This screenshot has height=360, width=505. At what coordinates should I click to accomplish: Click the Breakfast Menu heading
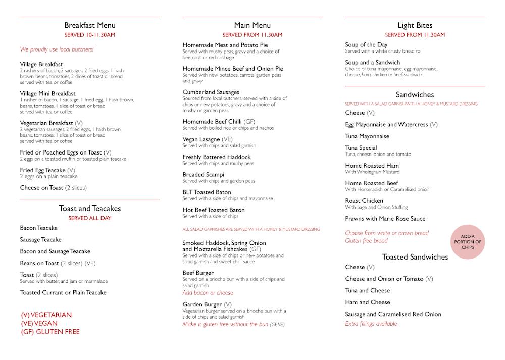tap(90, 25)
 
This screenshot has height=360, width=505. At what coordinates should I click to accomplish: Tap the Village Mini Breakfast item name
tap(48, 94)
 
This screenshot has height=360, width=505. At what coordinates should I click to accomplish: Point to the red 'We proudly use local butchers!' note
tap(57, 49)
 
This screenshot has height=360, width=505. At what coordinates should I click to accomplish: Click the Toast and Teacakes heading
tap(90, 209)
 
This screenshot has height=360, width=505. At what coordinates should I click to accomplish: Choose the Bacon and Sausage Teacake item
tap(55, 251)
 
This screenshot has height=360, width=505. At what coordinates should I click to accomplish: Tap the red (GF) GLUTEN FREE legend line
tap(50, 332)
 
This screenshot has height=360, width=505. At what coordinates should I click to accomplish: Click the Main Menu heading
tap(252, 25)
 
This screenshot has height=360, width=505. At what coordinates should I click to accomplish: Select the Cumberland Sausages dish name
tap(211, 92)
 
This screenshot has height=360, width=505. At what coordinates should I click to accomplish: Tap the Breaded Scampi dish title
tap(204, 175)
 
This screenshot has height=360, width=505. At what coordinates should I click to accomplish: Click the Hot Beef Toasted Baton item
tap(214, 210)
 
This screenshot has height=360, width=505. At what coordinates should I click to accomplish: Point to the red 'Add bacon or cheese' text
tap(208, 293)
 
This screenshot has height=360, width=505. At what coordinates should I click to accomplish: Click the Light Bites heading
tap(415, 25)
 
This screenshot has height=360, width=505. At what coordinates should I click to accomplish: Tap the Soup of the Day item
tap(367, 45)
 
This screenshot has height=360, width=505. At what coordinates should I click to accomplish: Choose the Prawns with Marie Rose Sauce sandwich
tap(385, 219)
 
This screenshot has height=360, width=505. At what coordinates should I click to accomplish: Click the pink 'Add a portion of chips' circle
tap(468, 242)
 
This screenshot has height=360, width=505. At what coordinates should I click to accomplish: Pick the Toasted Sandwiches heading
tap(415, 257)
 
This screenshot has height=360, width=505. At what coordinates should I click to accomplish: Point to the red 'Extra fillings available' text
tap(371, 324)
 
